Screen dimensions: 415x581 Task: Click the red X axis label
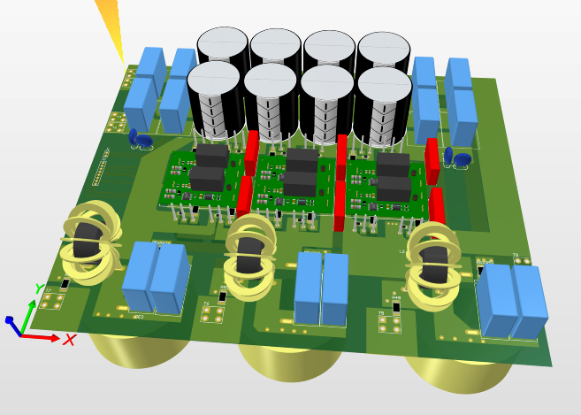70,339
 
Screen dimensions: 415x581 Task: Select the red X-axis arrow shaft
39,336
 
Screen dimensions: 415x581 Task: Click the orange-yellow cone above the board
111,26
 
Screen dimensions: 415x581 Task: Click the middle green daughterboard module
295,182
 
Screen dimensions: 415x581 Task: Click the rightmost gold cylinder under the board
460,372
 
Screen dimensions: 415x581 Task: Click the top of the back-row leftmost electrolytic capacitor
222,42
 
